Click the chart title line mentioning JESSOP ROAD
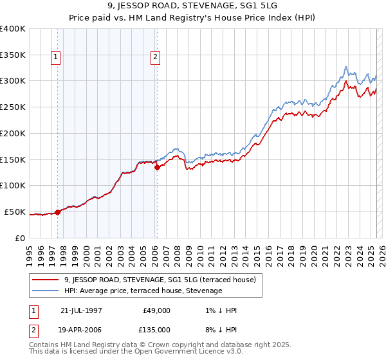click(194, 6)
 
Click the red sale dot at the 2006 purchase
click(156, 167)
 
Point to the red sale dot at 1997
click(57, 212)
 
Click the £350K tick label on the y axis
click(13, 55)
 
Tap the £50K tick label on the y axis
click(15, 212)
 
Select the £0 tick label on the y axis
click(21, 238)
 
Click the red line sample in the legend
click(46, 280)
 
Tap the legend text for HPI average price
click(143, 291)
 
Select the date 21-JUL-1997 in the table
click(81, 310)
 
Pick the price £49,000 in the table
click(157, 310)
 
